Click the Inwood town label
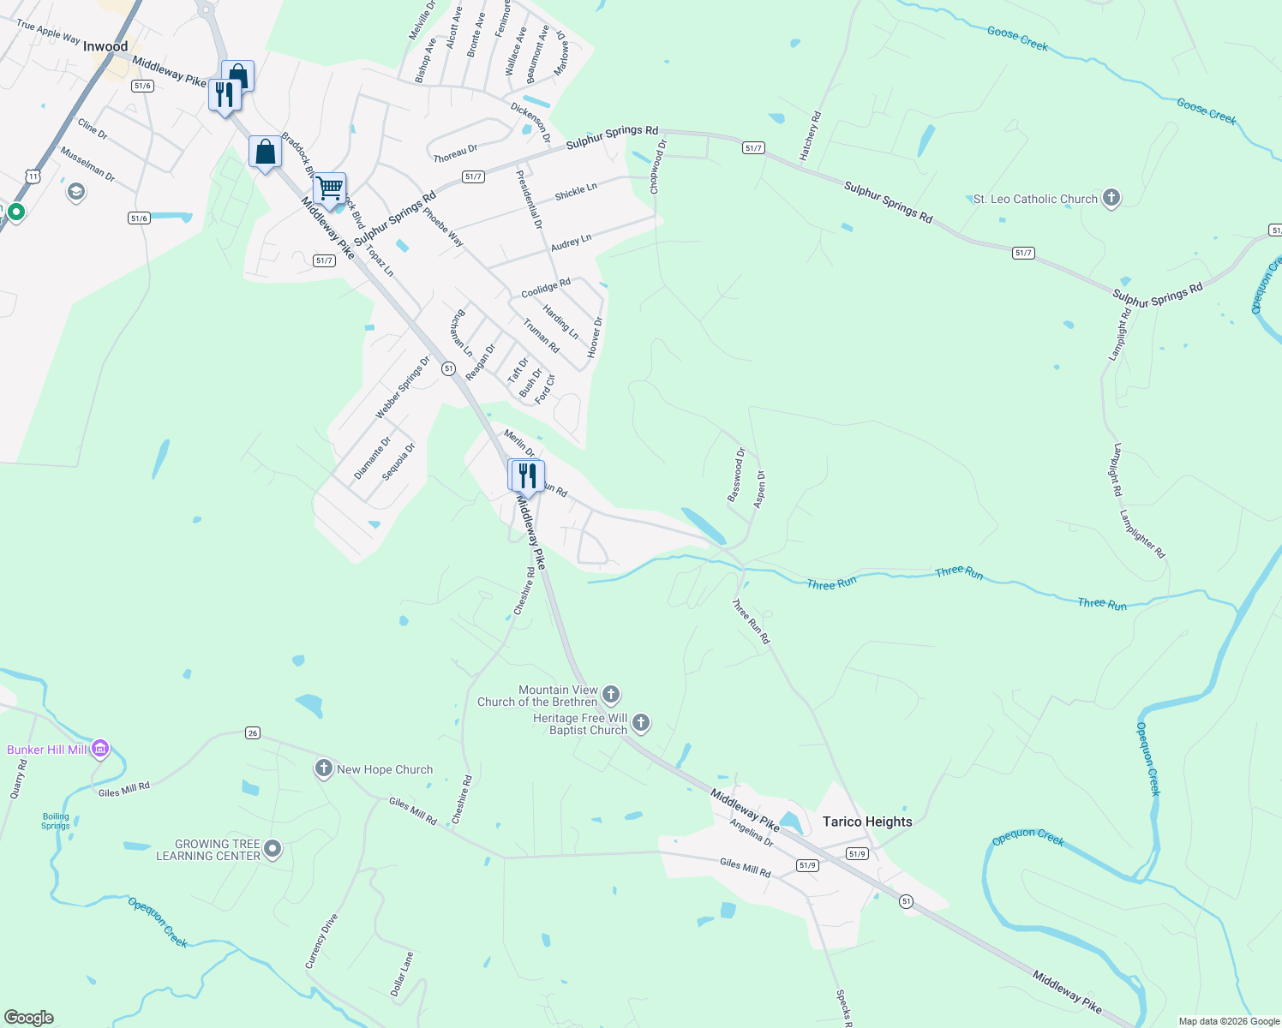[x=105, y=46]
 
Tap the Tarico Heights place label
[x=867, y=822]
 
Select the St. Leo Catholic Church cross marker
[x=1111, y=198]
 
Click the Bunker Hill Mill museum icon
[x=100, y=749]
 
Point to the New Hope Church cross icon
[x=323, y=768]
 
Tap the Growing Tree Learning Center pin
[x=273, y=849]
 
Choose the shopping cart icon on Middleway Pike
[x=329, y=188]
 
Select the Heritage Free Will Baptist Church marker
[x=640, y=724]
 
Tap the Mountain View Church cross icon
[x=611, y=693]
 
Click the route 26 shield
[x=252, y=733]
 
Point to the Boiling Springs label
[x=56, y=821]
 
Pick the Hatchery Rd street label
[x=810, y=135]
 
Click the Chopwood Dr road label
[x=657, y=166]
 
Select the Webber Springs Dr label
[x=402, y=387]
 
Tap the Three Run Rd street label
[x=751, y=622]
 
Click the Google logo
[x=28, y=1018]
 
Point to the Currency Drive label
[x=322, y=941]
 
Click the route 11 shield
[x=33, y=176]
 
